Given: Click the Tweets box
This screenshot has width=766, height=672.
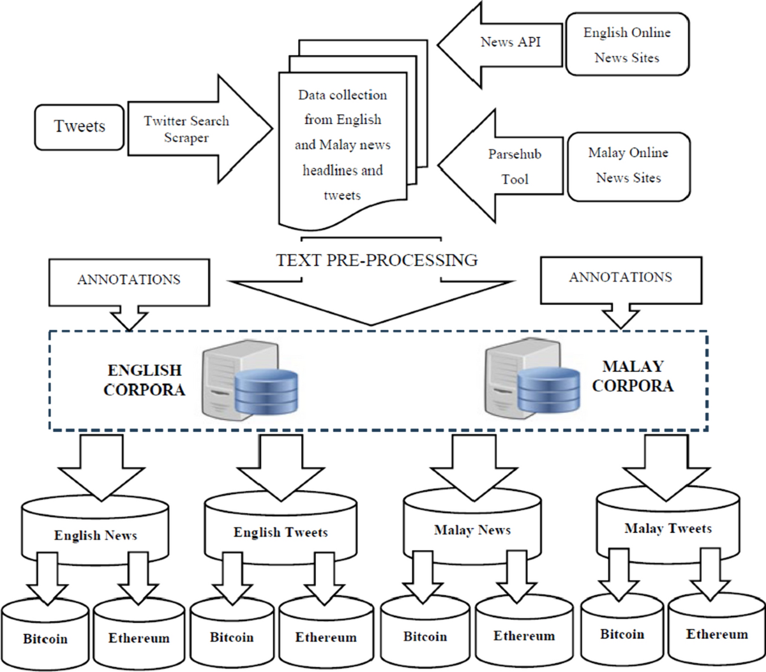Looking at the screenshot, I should (79, 127).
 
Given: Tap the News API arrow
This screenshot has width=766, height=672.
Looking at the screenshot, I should (511, 43).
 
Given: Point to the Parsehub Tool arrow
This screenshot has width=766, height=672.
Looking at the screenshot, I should (514, 167).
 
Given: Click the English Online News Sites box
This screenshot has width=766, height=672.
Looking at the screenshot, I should (627, 45).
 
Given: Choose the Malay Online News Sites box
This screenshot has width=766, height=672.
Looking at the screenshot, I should (628, 166).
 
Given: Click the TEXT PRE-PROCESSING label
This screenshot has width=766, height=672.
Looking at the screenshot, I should (377, 260).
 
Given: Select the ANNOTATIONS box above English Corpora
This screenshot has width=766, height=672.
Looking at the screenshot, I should (129, 280).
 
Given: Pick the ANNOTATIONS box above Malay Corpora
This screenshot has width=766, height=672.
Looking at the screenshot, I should (620, 278).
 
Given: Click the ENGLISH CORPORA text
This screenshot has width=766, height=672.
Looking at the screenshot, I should (144, 380).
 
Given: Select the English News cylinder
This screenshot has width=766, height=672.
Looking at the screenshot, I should (96, 535).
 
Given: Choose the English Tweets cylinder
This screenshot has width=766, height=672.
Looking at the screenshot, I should (280, 532).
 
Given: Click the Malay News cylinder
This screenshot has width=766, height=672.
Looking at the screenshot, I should (472, 530).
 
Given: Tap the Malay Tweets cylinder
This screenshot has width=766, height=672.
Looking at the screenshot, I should (668, 528).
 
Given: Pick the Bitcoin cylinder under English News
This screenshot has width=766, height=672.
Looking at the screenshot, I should (45, 638).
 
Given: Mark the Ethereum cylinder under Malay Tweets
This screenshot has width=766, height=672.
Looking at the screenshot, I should (716, 634).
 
